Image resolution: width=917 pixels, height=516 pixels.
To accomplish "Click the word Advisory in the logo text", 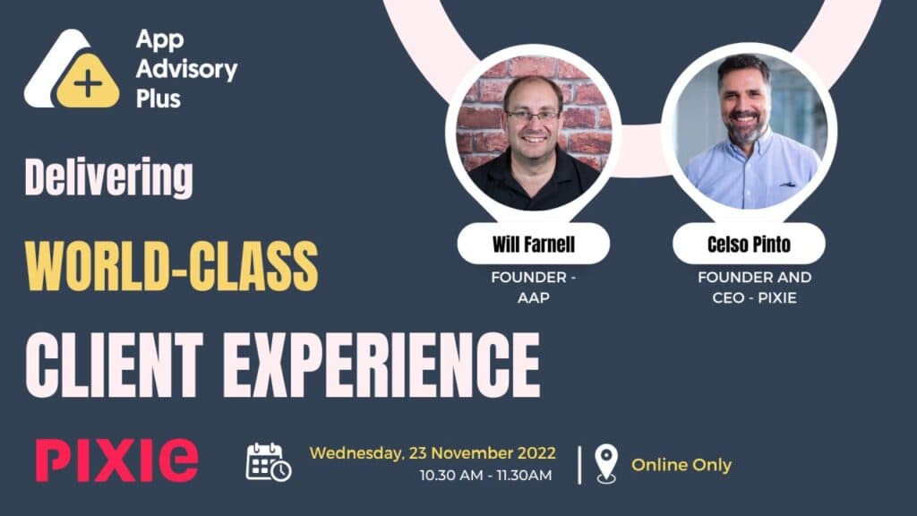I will click(186, 68).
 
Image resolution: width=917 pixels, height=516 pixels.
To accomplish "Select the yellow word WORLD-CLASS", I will click(170, 263).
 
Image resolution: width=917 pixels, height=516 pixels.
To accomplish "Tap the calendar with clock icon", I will click(269, 462).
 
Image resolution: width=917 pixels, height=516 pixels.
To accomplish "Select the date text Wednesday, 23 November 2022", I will click(433, 452).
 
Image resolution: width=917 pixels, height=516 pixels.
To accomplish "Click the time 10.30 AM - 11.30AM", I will click(486, 476).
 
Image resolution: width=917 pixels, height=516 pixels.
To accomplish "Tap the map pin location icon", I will click(606, 464).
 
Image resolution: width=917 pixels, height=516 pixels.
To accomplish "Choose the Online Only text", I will click(681, 465).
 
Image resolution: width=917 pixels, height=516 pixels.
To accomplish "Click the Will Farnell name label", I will click(533, 244).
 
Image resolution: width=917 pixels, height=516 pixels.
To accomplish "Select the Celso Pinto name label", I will click(749, 244).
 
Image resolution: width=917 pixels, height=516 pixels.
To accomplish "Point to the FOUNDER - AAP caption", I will click(533, 288).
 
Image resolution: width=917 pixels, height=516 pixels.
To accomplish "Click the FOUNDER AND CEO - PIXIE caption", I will click(748, 288).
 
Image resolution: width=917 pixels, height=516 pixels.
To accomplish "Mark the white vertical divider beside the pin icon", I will click(579, 464).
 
